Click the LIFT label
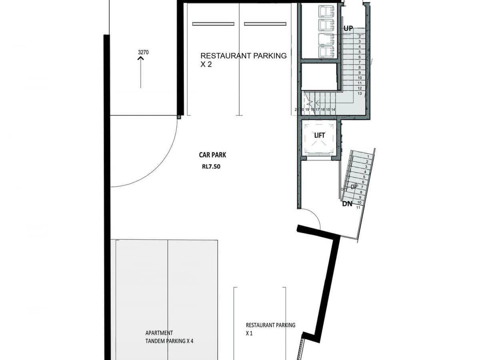click(320, 136)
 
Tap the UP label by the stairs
click(348, 28)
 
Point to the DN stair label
click(347, 204)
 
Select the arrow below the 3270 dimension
click(141, 72)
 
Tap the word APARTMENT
click(159, 333)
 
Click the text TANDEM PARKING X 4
click(170, 341)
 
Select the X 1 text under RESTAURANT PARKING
click(249, 333)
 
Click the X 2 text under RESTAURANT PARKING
click(206, 64)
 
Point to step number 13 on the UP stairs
click(360, 93)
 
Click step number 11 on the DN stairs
click(358, 207)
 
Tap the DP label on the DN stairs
click(354, 187)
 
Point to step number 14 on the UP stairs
click(333, 109)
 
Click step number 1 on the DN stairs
click(367, 156)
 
